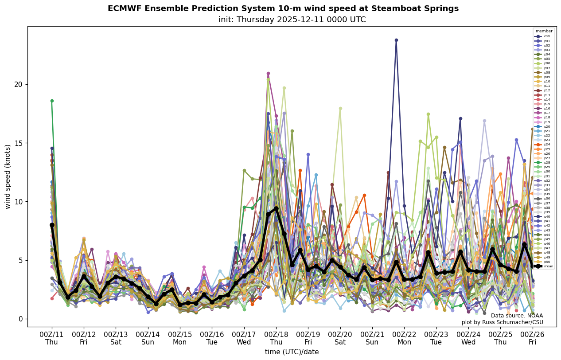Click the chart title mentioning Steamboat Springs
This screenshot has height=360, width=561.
[x=283, y=8]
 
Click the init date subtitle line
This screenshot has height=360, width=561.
[x=292, y=20]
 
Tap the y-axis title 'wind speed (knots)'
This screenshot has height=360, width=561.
[x=8, y=176]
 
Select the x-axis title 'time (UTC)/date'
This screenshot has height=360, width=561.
[x=292, y=352]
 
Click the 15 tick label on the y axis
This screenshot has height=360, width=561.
[x=19, y=143]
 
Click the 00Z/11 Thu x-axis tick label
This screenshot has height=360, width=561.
[x=52, y=338]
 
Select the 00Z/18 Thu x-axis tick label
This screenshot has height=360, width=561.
[x=276, y=338]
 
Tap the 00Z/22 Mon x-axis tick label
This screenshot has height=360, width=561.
[x=405, y=338]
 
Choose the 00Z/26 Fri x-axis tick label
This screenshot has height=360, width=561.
[x=533, y=338]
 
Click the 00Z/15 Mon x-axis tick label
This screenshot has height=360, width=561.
[x=180, y=338]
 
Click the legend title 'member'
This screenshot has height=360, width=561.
[x=544, y=31]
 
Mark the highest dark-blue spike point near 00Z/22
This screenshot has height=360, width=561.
[x=396, y=40]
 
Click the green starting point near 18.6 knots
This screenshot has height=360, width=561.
[x=52, y=101]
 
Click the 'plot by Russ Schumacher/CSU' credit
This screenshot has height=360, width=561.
[x=503, y=322]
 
